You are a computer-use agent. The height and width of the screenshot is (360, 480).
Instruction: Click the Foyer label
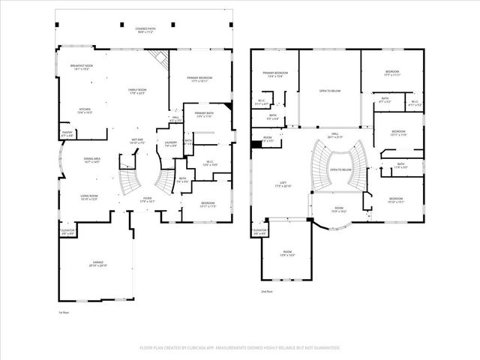(x=147, y=200)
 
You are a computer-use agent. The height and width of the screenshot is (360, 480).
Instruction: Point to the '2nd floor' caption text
(x=266, y=291)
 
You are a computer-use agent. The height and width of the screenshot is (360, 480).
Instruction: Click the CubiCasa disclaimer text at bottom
(x=240, y=348)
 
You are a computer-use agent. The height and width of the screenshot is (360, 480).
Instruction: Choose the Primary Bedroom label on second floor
(x=276, y=74)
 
